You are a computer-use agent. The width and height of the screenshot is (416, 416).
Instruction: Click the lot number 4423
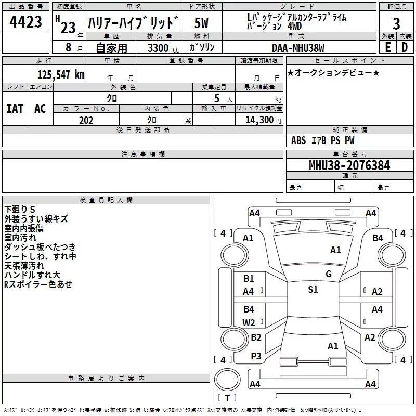(26, 23)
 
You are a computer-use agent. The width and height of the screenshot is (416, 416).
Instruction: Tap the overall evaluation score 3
(396, 23)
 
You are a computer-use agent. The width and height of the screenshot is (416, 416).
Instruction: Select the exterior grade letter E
(387, 47)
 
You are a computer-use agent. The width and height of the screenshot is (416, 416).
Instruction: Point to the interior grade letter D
(405, 47)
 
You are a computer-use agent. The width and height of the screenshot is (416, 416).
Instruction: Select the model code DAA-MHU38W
(298, 48)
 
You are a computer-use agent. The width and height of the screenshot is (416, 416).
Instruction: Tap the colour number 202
(86, 120)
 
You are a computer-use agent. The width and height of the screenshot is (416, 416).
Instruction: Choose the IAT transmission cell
(15, 109)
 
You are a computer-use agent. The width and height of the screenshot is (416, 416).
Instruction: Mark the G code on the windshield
(329, 274)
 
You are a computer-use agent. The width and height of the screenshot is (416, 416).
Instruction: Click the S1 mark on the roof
(313, 290)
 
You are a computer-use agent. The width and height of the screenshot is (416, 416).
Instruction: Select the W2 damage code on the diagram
(249, 322)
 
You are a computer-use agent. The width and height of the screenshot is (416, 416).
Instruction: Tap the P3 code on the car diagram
(256, 356)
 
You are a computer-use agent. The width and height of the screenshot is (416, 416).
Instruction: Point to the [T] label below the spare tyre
(227, 398)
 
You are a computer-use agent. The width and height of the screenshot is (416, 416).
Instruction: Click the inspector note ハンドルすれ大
(32, 275)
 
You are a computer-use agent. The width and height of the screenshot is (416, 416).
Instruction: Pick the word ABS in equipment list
(298, 140)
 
